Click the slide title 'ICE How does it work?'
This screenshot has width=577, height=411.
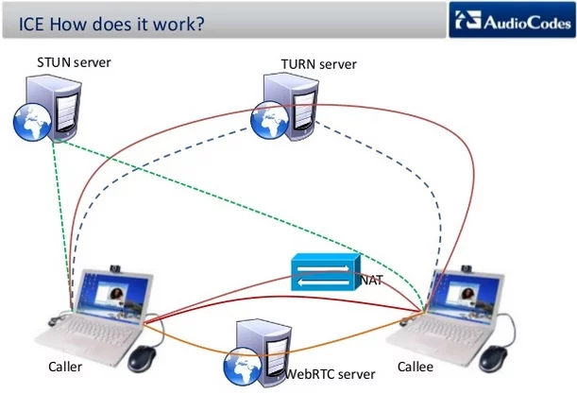click(112, 23)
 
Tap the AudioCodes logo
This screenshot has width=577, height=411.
click(511, 22)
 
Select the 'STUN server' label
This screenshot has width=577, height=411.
click(74, 63)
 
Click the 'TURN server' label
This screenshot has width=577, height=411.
click(319, 64)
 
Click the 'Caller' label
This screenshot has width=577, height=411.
click(65, 367)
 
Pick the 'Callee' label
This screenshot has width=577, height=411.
click(415, 367)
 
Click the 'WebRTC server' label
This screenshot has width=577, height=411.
click(331, 374)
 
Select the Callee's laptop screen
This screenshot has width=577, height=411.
click(467, 298)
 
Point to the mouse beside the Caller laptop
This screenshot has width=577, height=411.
click(143, 358)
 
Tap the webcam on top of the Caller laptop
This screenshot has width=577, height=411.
click(118, 267)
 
